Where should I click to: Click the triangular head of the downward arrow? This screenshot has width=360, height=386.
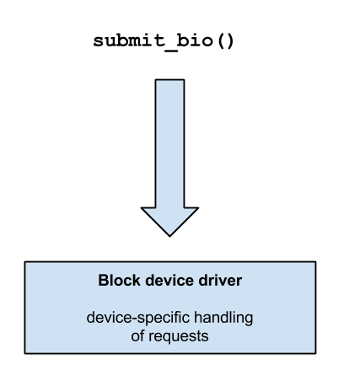pyautogui.click(x=169, y=219)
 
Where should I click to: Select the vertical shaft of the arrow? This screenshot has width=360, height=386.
pyautogui.click(x=169, y=143)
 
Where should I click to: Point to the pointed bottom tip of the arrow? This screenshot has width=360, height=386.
pyautogui.click(x=169, y=234)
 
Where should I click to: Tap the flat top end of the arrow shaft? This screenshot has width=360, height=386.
pyautogui.click(x=169, y=82)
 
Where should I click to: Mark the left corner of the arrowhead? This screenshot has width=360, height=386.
pyautogui.click(x=144, y=209)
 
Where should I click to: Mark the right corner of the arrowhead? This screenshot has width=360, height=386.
pyautogui.click(x=196, y=209)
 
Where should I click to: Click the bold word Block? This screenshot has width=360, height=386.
pyautogui.click(x=118, y=281)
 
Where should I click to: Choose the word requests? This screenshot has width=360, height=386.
pyautogui.click(x=178, y=337)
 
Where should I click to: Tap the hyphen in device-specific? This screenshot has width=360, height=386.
pyautogui.click(x=129, y=320)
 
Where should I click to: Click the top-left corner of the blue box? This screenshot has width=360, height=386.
pyautogui.click(x=26, y=263)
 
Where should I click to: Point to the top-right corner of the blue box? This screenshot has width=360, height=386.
pyautogui.click(x=314, y=263)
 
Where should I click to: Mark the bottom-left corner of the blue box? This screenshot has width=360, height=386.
pyautogui.click(x=26, y=351)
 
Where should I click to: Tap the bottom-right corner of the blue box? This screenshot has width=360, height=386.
pyautogui.click(x=314, y=351)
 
